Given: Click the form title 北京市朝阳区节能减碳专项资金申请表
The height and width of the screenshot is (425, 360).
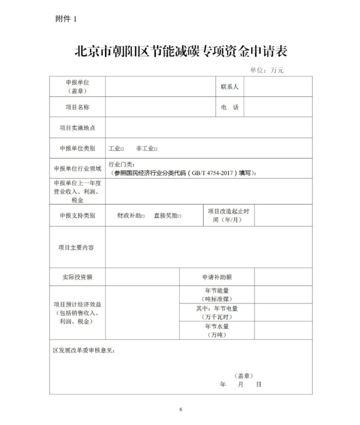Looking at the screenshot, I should (x=180, y=51).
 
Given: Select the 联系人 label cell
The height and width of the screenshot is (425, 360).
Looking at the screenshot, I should (x=229, y=86).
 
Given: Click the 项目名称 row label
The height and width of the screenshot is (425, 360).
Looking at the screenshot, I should (x=77, y=107).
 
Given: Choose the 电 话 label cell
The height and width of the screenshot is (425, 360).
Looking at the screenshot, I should (x=229, y=107).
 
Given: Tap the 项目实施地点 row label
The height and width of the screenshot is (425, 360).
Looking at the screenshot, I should (x=77, y=128).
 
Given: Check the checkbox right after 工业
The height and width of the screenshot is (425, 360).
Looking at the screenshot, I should (x=122, y=149).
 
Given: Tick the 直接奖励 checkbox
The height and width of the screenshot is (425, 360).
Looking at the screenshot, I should (x=179, y=216).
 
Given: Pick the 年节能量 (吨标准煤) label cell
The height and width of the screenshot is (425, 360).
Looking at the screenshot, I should (x=216, y=294).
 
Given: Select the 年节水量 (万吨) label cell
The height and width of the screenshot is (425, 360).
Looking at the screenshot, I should (x=216, y=330).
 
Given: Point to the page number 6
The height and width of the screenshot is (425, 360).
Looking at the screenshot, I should (x=180, y=409).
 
